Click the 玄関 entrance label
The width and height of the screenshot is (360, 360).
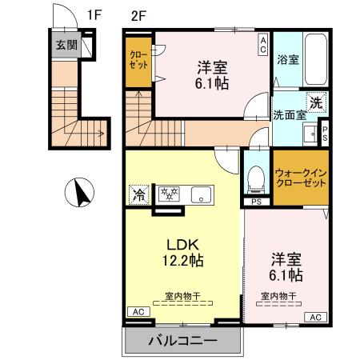tap(66, 46)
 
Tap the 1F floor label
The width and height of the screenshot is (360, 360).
tap(94, 14)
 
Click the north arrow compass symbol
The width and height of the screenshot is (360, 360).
tap(79, 193)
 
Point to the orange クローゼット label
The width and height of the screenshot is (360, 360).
tap(138, 59)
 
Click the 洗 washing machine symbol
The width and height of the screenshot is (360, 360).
tap(317, 102)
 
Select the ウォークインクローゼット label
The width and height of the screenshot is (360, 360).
tap(301, 177)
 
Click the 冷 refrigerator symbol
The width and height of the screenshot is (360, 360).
tap(138, 194)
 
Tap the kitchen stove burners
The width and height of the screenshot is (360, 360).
tap(169, 194)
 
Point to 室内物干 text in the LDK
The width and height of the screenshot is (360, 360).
tap(182, 295)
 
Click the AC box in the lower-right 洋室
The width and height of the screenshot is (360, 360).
tap(315, 317)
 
